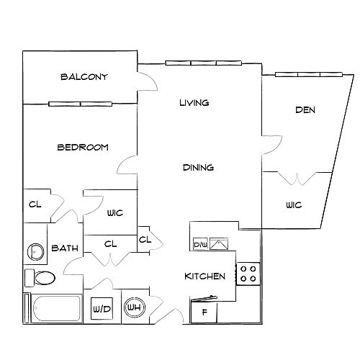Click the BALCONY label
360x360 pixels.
coord(84,77)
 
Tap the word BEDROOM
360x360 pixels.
coord(83,147)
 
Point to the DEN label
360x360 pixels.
coord(305,110)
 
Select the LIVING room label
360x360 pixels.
coord(194,103)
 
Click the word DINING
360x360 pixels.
coord(198,167)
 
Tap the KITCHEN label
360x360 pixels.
coord(204,276)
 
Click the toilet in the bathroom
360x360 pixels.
coord(40,278)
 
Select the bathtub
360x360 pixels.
coord(55,308)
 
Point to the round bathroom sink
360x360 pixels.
coord(35,251)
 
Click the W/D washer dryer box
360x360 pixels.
coord(102,309)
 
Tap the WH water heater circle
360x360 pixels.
coord(135,307)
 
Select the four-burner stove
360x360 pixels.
coord(248,274)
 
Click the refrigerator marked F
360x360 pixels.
coord(204,312)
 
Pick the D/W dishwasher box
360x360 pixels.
coord(200,244)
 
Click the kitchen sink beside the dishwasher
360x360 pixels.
coord(219,244)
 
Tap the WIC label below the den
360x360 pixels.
coord(294,205)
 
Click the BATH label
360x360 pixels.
coord(65,248)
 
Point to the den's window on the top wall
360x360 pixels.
coord(309,74)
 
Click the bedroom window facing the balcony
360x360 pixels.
coord(80,104)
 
